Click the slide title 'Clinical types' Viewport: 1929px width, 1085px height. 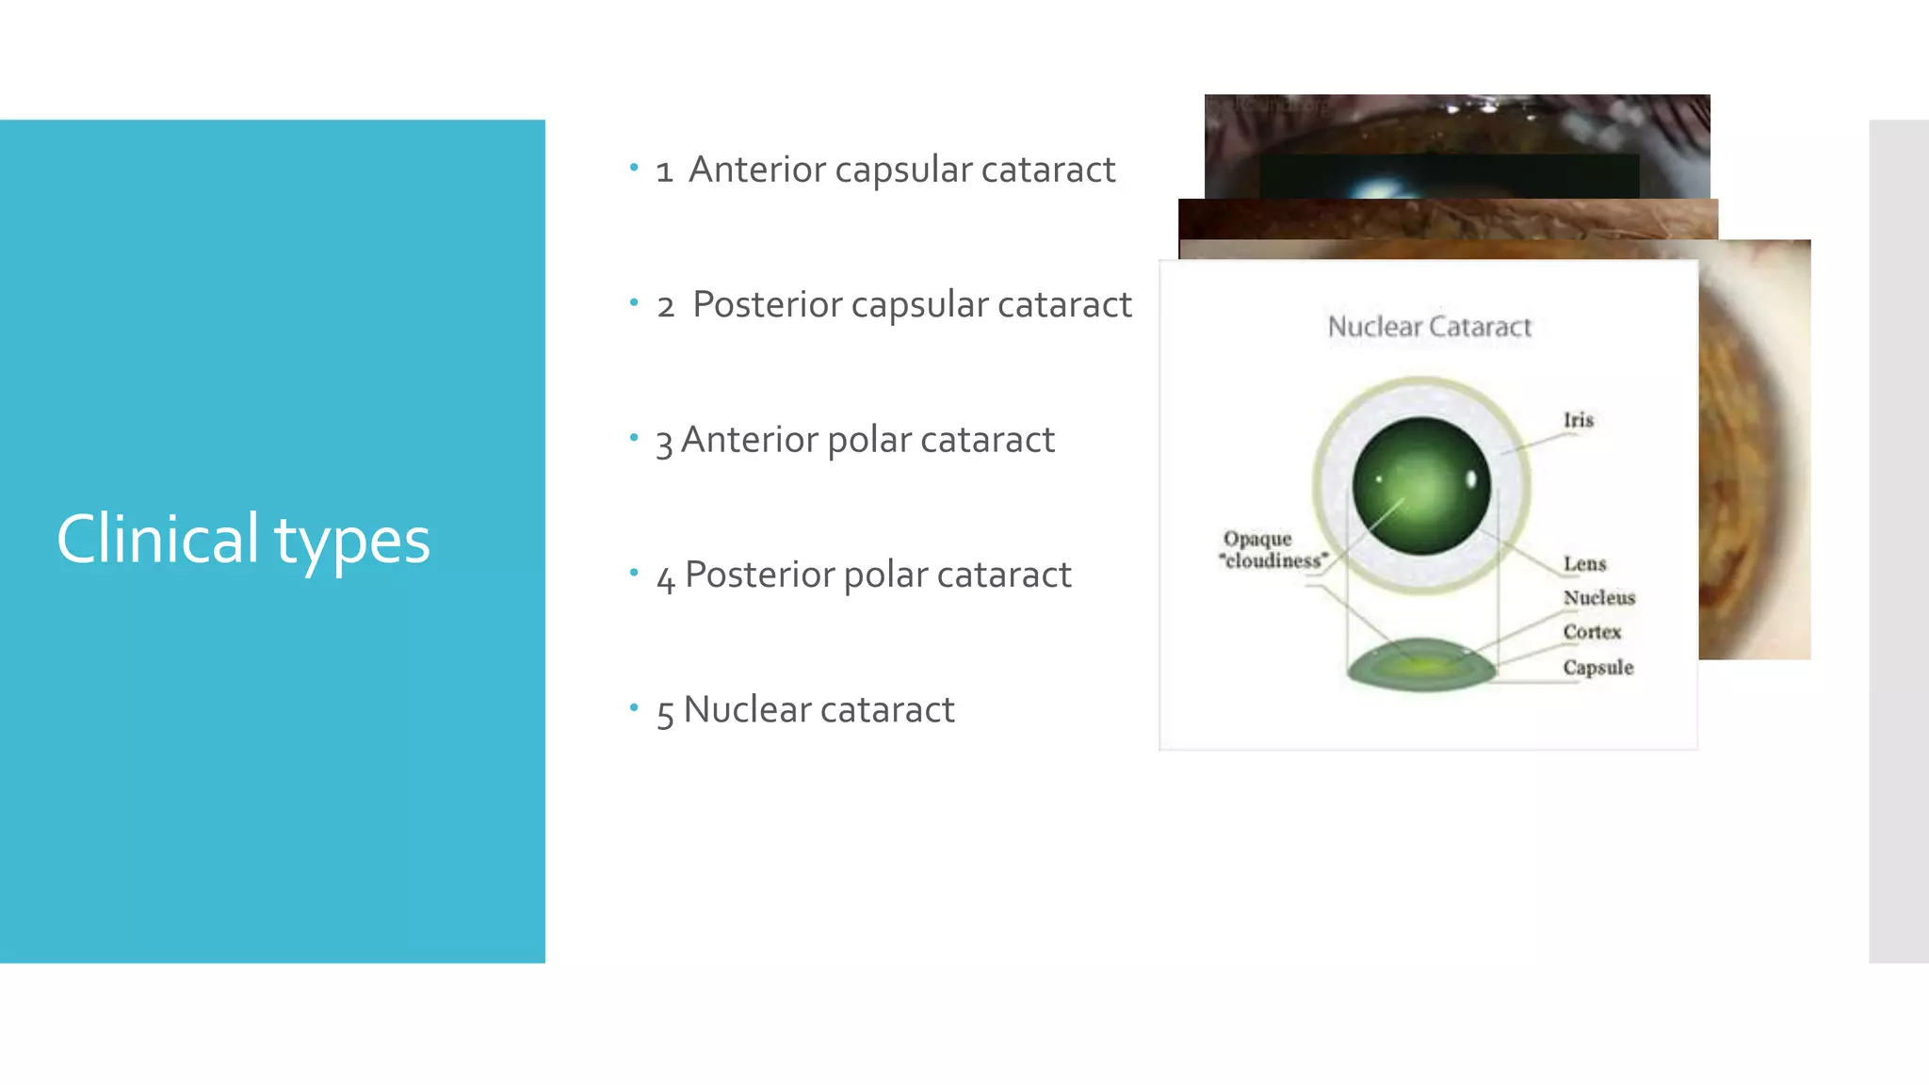tap(243, 540)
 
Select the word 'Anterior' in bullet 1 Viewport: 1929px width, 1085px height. tap(757, 170)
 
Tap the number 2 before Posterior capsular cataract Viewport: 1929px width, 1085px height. tap(666, 306)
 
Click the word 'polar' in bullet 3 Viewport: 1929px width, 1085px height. tap(868, 440)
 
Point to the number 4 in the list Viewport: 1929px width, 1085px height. tap(666, 577)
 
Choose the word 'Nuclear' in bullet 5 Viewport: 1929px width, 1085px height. tap(743, 710)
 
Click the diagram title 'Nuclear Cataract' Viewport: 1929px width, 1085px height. tap(1429, 327)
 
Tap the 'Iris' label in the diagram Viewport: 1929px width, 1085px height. tap(1579, 420)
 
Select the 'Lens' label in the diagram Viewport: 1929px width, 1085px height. tap(1584, 564)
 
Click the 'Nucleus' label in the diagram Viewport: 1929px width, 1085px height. tap(1598, 598)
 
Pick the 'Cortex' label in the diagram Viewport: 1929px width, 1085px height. tap(1592, 632)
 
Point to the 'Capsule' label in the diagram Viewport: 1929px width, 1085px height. tap(1597, 668)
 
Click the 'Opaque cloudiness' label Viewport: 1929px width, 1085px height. tap(1272, 550)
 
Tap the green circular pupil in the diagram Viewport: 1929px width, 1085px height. tap(1421, 486)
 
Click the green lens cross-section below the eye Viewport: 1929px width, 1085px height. tap(1421, 664)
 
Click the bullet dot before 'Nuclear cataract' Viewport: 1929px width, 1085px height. tap(634, 706)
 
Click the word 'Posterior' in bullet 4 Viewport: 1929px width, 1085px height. tap(759, 575)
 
